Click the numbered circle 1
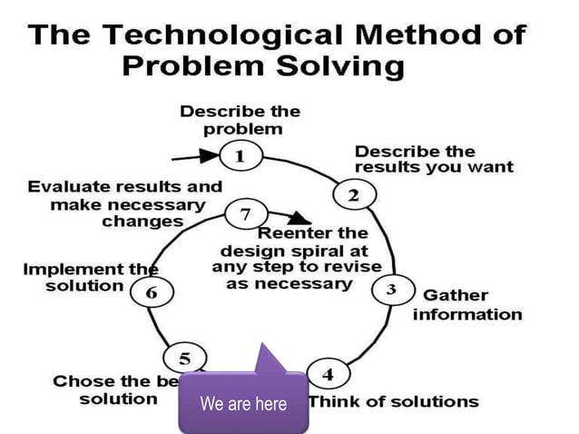[x=240, y=156]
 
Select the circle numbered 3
[x=391, y=290]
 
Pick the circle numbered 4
[x=328, y=374]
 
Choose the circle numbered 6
[x=151, y=293]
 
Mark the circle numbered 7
[x=244, y=215]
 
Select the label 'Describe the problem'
[x=240, y=120]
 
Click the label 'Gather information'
[x=467, y=305]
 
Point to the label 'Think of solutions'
[x=394, y=400]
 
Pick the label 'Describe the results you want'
[x=433, y=159]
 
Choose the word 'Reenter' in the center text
[x=311, y=233]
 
